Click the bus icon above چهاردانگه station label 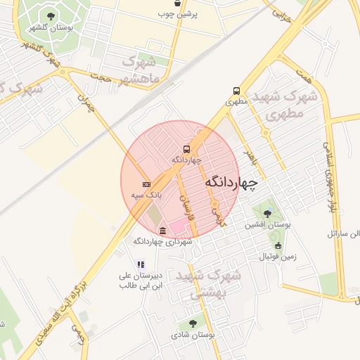[x=186, y=149]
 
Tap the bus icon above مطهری [x=236, y=91]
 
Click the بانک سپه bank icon [x=146, y=184]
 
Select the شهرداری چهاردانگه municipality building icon [x=163, y=231]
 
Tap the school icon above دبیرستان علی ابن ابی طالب [x=141, y=264]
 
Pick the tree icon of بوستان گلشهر [x=50, y=16]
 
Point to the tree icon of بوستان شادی [x=193, y=323]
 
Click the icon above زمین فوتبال [x=278, y=246]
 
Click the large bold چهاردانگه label [x=232, y=182]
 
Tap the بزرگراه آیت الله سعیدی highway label [x=63, y=302]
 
